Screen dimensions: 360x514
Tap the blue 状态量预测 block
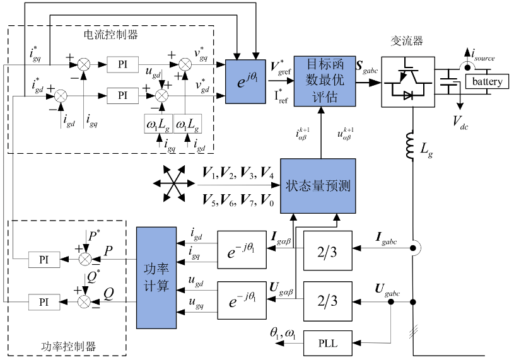tap(318, 186)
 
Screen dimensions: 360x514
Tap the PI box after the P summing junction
tap(44, 258)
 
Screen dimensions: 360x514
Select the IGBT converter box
tap(408, 79)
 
